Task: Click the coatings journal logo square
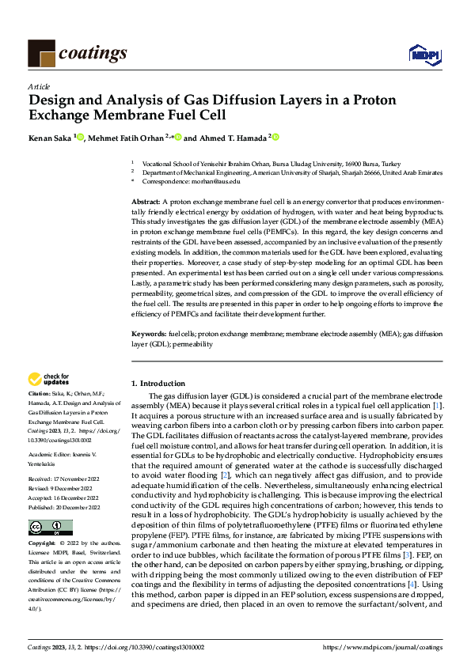tap(41, 54)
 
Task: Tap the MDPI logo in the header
tap(425, 54)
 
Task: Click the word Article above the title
tap(39, 85)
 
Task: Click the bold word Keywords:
tap(148, 335)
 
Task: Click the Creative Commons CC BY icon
tap(50, 528)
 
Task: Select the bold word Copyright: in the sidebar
tap(43, 544)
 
